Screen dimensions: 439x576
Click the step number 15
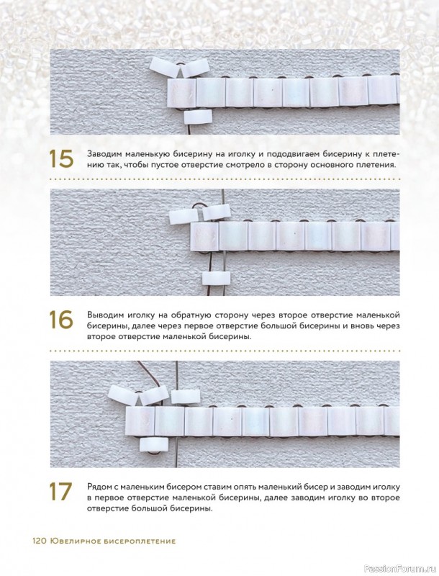tap(61, 159)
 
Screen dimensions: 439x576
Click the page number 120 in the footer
tap(39, 541)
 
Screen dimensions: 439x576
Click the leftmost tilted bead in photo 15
tap(165, 68)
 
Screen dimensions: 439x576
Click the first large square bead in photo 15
tap(181, 92)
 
